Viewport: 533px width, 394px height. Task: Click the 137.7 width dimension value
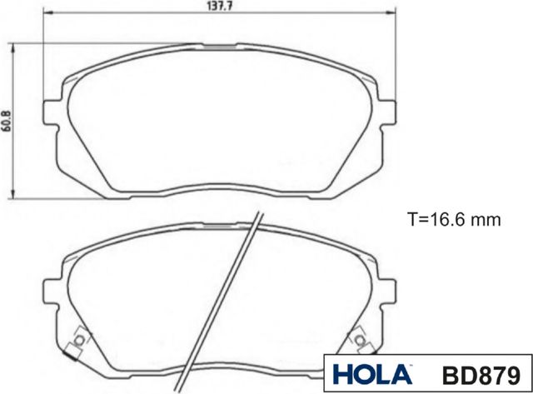(216, 6)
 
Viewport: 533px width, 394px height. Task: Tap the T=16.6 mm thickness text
(453, 220)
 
